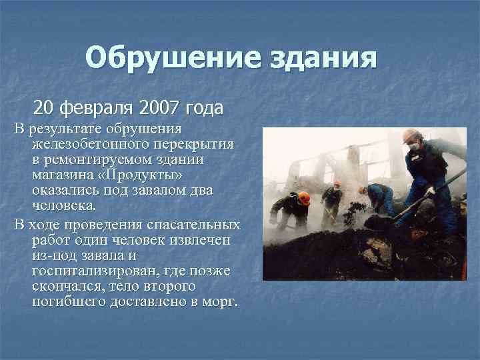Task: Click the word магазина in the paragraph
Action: pyautogui.click(x=57, y=175)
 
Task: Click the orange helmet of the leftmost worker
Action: pyautogui.click(x=304, y=197)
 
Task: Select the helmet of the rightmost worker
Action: pyautogui.click(x=412, y=135)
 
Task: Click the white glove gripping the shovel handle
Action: pyautogui.click(x=431, y=191)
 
